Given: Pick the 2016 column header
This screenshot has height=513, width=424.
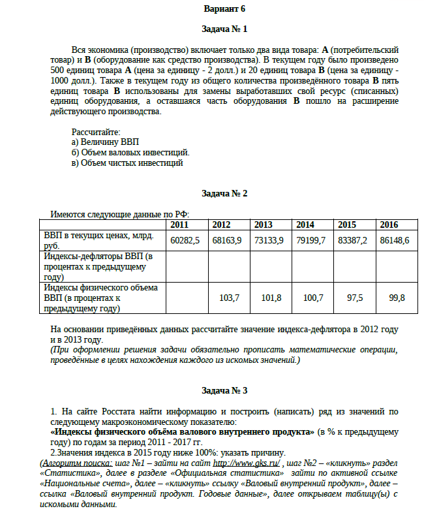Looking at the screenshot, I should point(389,225).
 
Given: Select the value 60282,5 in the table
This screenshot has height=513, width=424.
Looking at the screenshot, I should point(185,240).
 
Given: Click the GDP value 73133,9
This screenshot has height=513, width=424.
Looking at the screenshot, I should point(269,240).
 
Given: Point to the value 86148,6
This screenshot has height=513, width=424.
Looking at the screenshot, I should point(394,240).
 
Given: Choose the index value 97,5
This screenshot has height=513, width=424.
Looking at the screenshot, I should point(355,298).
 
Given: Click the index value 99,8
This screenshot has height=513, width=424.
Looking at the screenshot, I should point(397,298).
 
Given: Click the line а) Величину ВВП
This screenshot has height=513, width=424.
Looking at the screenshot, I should point(105,142).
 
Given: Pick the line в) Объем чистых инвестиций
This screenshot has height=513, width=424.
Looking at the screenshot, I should point(127,163).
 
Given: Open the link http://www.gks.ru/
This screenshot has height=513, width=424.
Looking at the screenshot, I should point(244,463).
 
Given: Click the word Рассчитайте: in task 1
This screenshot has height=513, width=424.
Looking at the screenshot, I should point(96,132).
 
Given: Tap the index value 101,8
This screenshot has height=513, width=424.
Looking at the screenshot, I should point(271,298).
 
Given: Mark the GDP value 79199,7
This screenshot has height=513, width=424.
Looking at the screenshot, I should point(310,240).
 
